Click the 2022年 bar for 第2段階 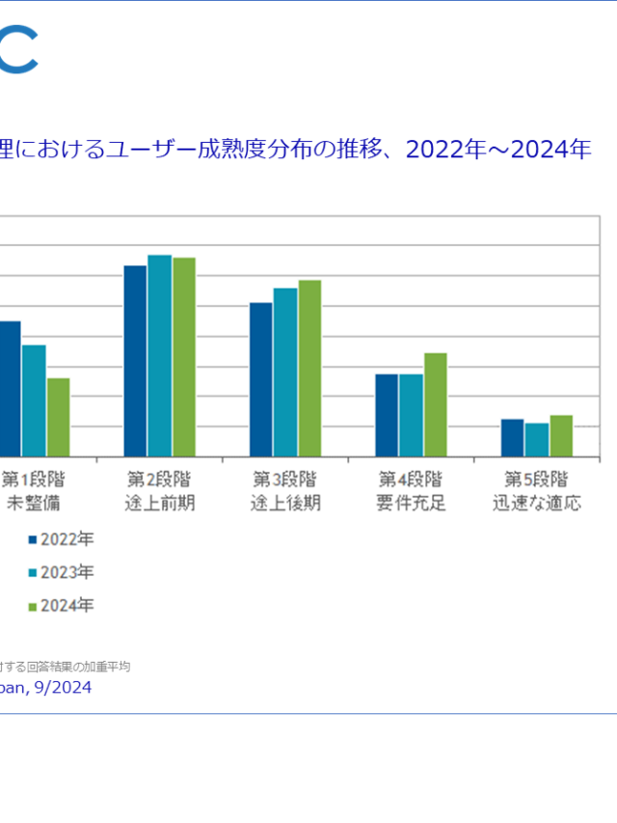coord(135,361)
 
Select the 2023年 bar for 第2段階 coord(159,356)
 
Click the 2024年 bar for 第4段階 coord(435,404)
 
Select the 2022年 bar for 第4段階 coord(387,415)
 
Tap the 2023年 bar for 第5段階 coord(537,440)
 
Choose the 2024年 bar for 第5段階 coord(561,436)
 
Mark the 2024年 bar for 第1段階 coord(58,417)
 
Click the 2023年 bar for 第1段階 coord(34,400)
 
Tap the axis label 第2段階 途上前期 coord(159,491)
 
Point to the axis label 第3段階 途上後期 coord(285,491)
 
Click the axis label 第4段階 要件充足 coord(411,491)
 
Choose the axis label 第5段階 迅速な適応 coord(537,491)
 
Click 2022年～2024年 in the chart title coord(498,150)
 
